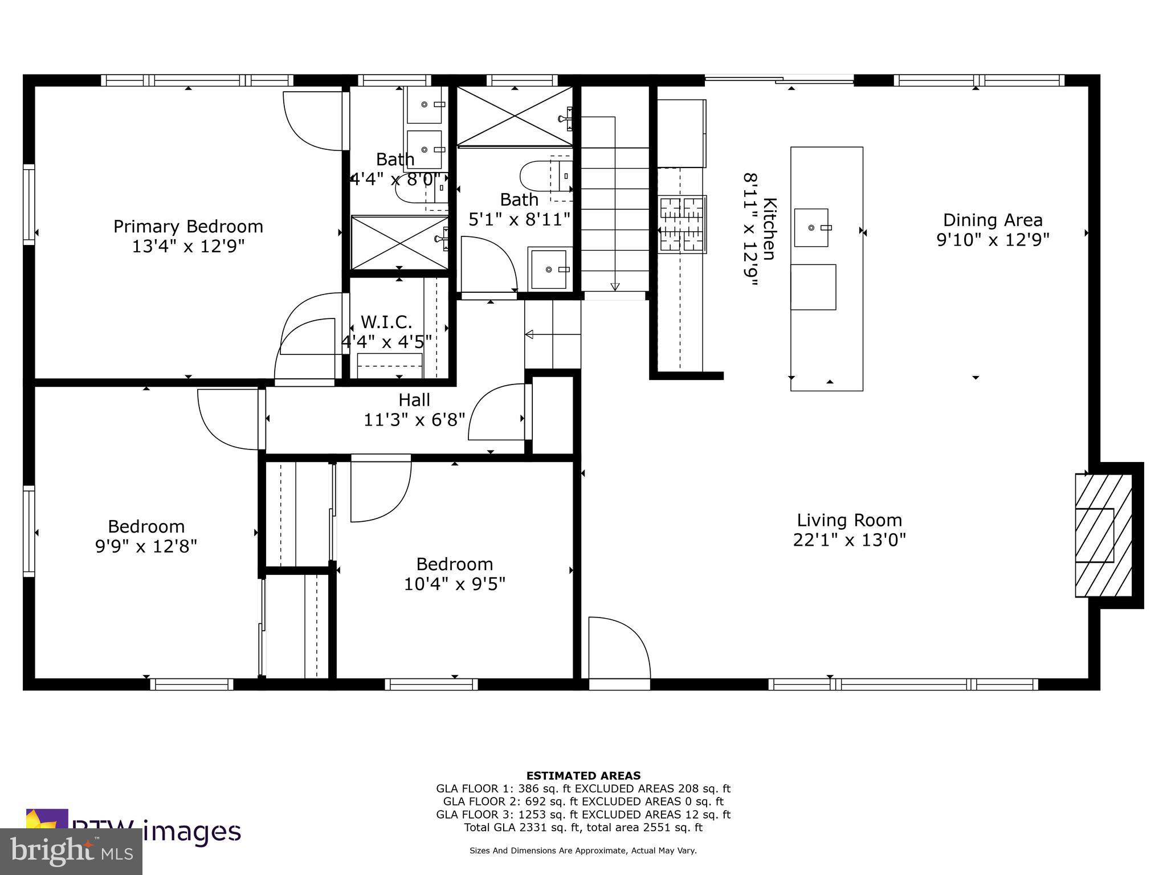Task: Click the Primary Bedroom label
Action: (x=188, y=227)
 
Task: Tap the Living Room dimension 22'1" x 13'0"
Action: (x=849, y=539)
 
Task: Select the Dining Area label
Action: (x=993, y=220)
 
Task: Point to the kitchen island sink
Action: (x=811, y=227)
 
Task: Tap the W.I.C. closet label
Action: (x=386, y=322)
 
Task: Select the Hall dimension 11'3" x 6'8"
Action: (x=414, y=420)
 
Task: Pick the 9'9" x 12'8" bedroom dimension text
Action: (x=146, y=546)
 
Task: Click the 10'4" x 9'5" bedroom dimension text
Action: (x=455, y=584)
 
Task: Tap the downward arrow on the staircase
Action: (x=615, y=287)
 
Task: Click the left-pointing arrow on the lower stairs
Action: (x=529, y=334)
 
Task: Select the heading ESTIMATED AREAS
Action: (x=583, y=775)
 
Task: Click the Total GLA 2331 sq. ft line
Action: (x=583, y=827)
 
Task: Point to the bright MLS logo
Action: (x=71, y=852)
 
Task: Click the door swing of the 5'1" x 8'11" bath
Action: (x=487, y=265)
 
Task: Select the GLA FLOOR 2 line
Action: (x=583, y=802)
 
